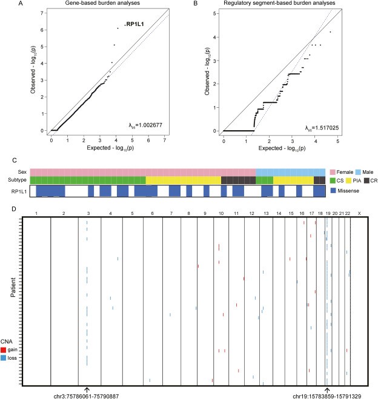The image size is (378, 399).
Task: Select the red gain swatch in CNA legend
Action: (4, 349)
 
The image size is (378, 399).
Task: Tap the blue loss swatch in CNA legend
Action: (4, 358)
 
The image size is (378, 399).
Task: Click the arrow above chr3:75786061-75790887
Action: (87, 389)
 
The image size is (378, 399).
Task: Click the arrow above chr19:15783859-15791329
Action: (327, 389)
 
